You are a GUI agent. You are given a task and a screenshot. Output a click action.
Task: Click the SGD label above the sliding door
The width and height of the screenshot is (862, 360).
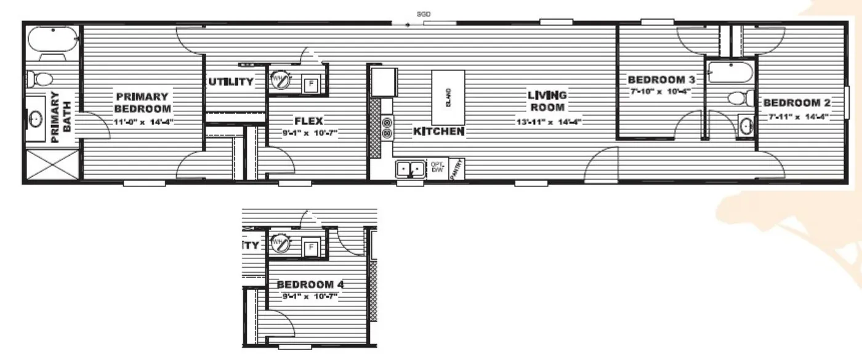tap(424, 13)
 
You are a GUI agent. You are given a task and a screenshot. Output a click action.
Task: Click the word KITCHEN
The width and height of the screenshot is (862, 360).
tap(439, 132)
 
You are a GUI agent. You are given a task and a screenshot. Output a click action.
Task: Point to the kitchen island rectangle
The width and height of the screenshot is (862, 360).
tap(448, 97)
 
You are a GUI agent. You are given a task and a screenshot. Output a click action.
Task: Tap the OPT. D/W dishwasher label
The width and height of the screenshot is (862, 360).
tap(437, 166)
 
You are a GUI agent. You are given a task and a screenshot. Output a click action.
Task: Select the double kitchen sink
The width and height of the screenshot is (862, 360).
tap(410, 168)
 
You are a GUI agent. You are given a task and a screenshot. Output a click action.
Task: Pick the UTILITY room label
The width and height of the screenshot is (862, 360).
tap(230, 82)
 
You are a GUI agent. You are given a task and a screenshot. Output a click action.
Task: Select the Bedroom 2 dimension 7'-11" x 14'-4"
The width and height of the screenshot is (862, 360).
tap(797, 116)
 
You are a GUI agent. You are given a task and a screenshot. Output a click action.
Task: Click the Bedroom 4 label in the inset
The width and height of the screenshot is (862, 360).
tap(310, 285)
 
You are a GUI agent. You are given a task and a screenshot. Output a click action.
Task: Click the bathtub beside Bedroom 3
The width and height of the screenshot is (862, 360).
tap(730, 72)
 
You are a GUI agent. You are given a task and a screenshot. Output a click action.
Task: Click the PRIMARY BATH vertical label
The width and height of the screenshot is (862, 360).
tap(60, 118)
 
